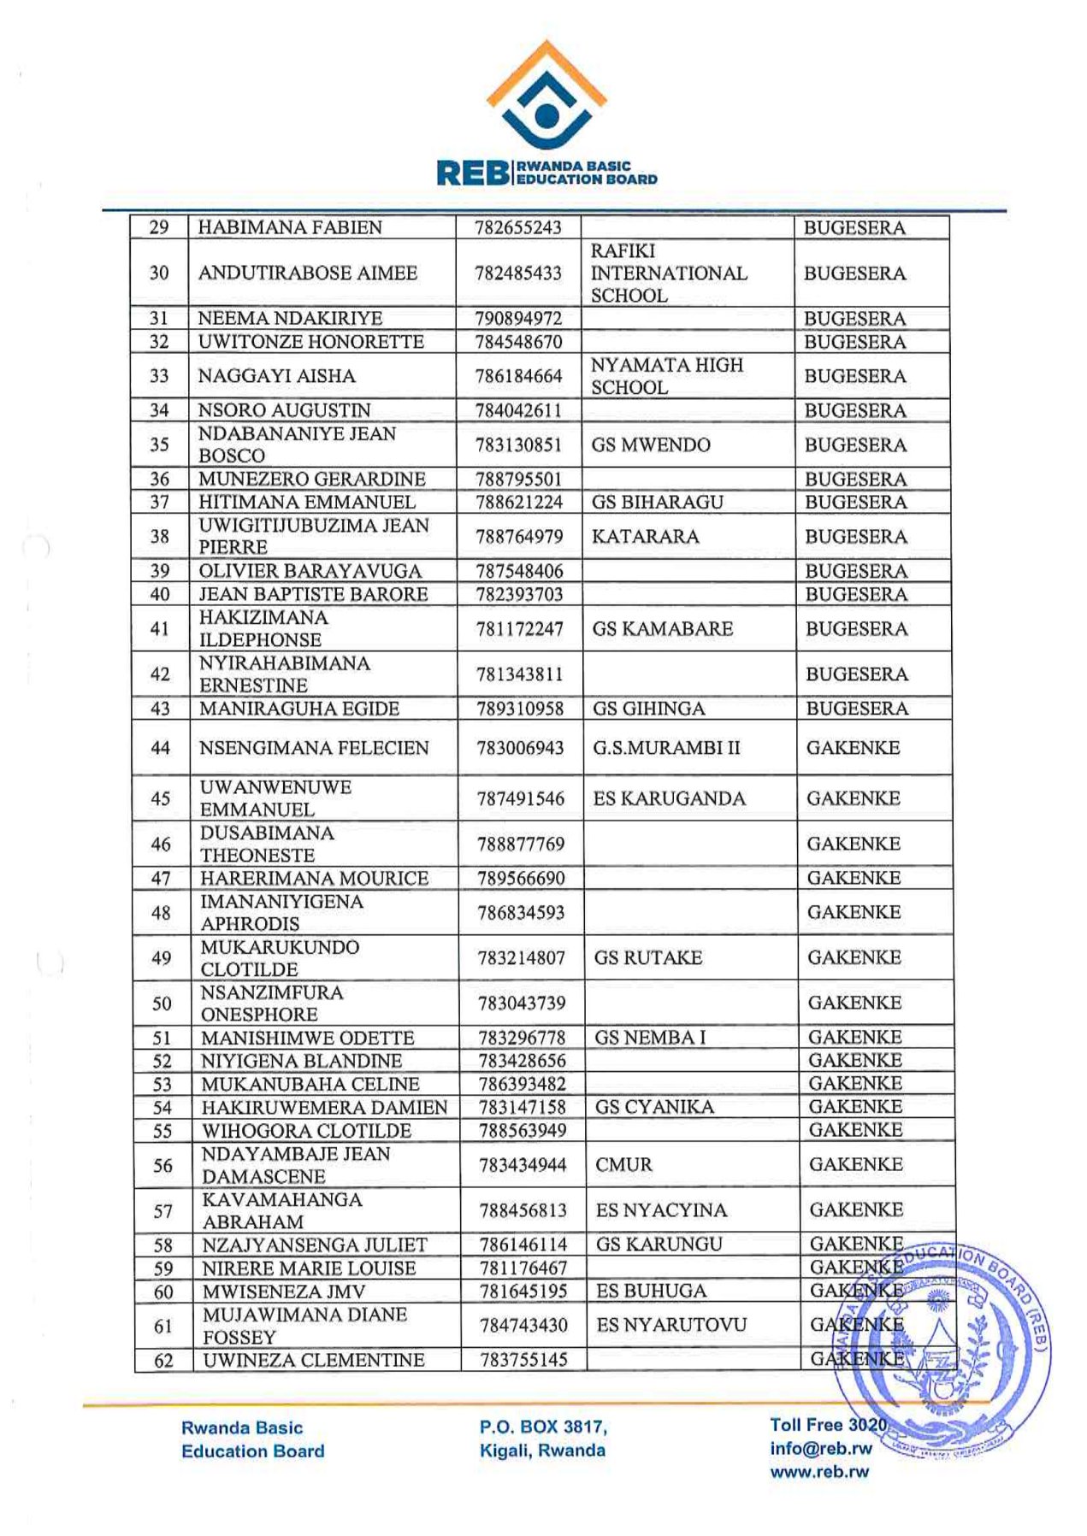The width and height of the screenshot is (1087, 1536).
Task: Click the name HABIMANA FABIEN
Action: tap(290, 227)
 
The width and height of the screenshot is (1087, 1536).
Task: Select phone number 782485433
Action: tap(518, 274)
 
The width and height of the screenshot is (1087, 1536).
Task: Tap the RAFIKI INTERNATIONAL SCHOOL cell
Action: tap(668, 274)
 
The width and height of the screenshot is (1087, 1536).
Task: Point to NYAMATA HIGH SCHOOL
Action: tap(666, 376)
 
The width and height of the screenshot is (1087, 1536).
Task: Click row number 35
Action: tap(159, 444)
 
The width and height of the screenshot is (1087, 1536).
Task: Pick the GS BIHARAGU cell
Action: tap(657, 503)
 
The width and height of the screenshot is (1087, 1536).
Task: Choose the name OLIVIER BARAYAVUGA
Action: tap(310, 571)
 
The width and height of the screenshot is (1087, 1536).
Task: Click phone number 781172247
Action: tap(519, 629)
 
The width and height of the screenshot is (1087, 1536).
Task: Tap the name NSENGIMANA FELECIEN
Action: tap(314, 748)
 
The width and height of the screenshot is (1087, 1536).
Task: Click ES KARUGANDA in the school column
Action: tap(669, 798)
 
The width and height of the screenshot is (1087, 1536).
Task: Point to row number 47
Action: tap(161, 879)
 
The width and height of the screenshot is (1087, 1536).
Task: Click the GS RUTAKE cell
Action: tap(647, 957)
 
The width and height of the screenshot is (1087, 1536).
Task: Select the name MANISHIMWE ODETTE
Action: tap(308, 1038)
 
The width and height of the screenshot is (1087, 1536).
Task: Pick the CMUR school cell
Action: tap(623, 1164)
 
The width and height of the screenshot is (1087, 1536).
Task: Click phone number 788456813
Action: tap(523, 1210)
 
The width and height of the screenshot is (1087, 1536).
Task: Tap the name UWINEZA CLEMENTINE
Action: tap(314, 1360)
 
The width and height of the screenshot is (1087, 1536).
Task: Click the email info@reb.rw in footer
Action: tap(820, 1448)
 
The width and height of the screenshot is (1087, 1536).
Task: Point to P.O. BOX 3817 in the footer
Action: tap(543, 1427)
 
